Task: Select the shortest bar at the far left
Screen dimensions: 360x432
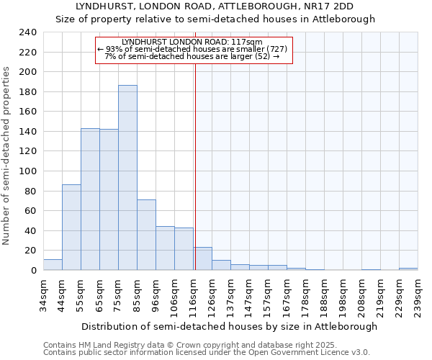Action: (x=53, y=265)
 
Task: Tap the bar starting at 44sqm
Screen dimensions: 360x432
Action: (x=71, y=228)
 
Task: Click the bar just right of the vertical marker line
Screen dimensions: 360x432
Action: (x=202, y=258)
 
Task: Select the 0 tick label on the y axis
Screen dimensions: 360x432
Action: (x=33, y=271)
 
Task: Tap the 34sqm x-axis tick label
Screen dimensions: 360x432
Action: (x=44, y=294)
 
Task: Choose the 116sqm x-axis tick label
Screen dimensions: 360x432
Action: (x=194, y=294)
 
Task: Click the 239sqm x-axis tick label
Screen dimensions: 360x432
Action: (x=418, y=294)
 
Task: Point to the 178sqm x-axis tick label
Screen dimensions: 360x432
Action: (x=306, y=294)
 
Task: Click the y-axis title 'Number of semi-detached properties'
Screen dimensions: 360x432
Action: (x=7, y=156)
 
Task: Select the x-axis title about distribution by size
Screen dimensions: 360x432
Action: (x=229, y=326)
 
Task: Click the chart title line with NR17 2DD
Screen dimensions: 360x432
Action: (x=215, y=6)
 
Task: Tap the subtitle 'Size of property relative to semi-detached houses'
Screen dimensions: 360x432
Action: (x=215, y=19)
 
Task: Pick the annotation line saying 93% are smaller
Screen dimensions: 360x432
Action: (x=192, y=49)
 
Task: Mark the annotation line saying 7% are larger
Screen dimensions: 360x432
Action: (x=192, y=56)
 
